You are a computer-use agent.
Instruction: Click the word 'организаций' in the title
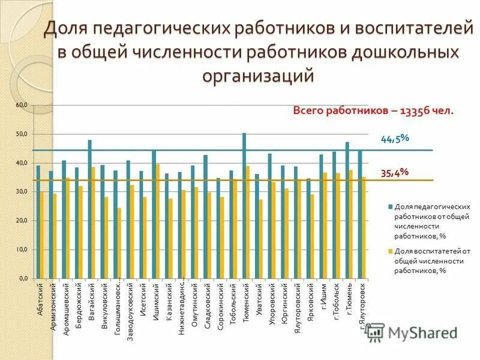(259, 76)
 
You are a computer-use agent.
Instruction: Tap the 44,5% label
(394, 139)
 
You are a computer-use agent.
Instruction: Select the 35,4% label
(394, 173)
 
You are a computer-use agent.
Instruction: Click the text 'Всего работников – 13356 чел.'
(373, 111)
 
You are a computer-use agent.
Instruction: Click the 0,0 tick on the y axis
(22, 279)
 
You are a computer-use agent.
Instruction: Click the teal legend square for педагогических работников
(390, 206)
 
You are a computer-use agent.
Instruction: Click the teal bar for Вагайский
(89, 209)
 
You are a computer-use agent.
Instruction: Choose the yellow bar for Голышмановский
(119, 243)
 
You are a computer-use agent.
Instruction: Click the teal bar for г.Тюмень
(347, 210)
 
